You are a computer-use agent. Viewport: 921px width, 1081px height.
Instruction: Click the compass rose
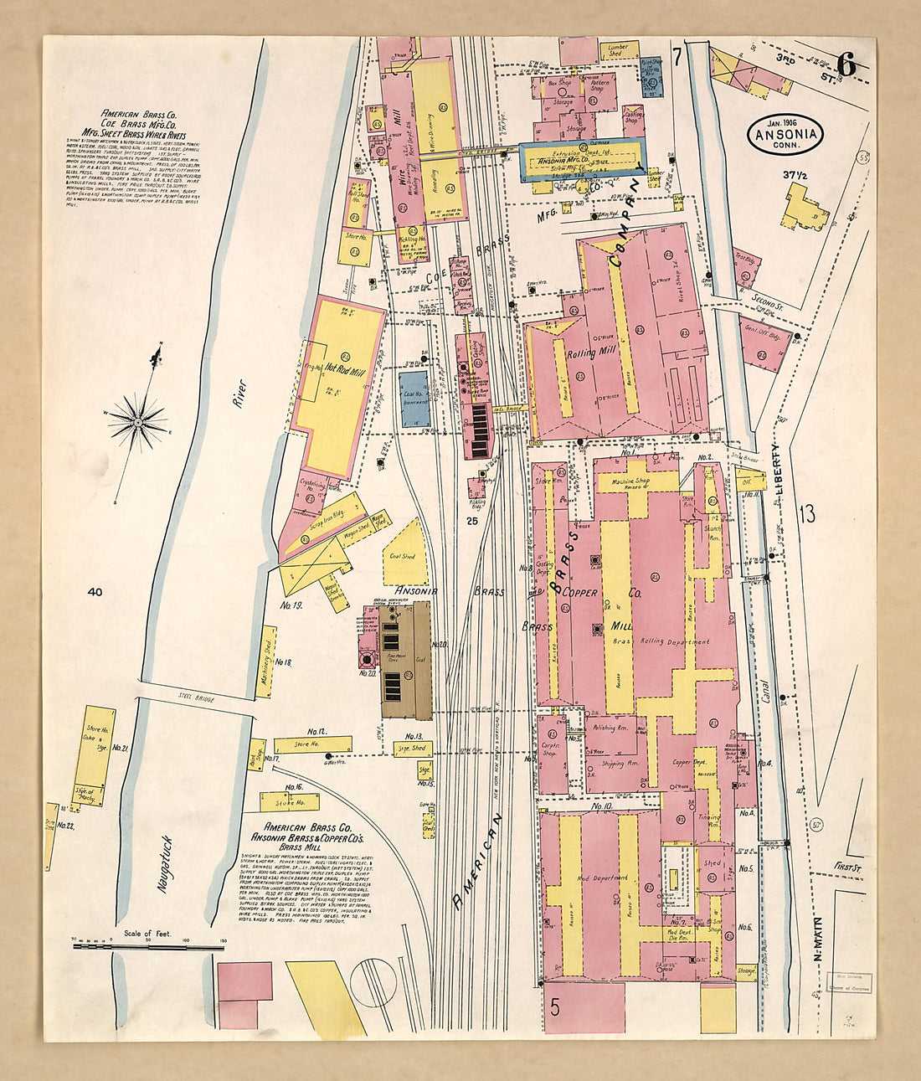pyautogui.click(x=137, y=420)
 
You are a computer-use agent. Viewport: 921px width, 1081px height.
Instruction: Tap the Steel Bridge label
pyautogui.click(x=196, y=696)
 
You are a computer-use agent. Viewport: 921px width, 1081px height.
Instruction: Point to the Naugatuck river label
pyautogui.click(x=166, y=862)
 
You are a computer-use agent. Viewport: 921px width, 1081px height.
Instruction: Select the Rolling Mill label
pyautogui.click(x=593, y=353)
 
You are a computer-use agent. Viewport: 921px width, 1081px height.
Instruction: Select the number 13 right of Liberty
pyautogui.click(x=806, y=515)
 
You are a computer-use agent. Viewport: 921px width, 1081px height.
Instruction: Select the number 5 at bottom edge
pyautogui.click(x=555, y=1006)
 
